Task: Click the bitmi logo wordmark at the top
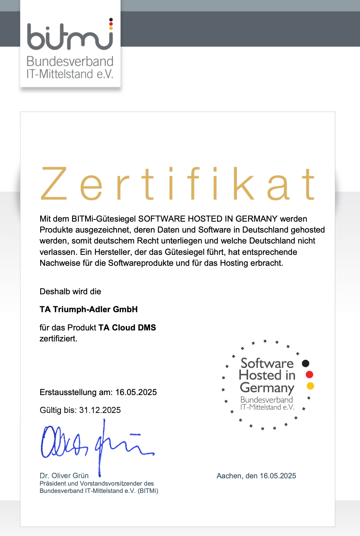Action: tap(70, 36)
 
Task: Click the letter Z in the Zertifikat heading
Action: tap(54, 184)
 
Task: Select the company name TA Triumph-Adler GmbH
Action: tap(89, 309)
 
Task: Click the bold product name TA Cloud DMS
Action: tap(127, 328)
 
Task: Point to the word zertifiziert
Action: tap(58, 338)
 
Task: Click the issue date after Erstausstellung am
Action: tap(136, 392)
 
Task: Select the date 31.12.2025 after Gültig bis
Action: tap(100, 410)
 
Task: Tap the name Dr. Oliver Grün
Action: tap(64, 475)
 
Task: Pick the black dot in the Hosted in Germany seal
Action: tap(306, 363)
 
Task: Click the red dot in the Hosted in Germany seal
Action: tap(310, 375)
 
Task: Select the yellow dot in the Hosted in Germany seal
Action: tap(310, 386)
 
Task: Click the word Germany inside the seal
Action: tap(267, 388)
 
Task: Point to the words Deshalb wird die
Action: tap(70, 291)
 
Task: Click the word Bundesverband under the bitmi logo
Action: tap(70, 61)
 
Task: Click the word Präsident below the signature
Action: tap(53, 483)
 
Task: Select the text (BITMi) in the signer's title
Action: tap(148, 491)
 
